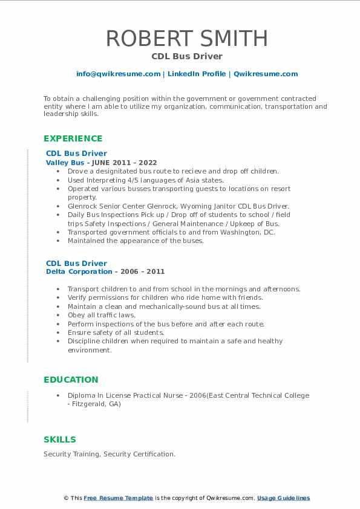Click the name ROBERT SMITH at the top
pyautogui.click(x=186, y=39)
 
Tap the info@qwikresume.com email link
pyautogui.click(x=118, y=74)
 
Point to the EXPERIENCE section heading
pyautogui.click(x=73, y=138)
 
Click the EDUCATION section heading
pyautogui.click(x=71, y=380)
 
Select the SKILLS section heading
pyautogui.click(x=60, y=439)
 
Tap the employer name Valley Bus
pyautogui.click(x=65, y=163)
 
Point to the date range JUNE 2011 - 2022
pyautogui.click(x=124, y=163)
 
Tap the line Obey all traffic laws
pyautogui.click(x=102, y=315)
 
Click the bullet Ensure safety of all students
pyautogui.click(x=116, y=332)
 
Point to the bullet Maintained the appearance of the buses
pyautogui.click(x=136, y=241)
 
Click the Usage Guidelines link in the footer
pyautogui.click(x=283, y=498)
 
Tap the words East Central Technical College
pyautogui.click(x=260, y=395)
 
